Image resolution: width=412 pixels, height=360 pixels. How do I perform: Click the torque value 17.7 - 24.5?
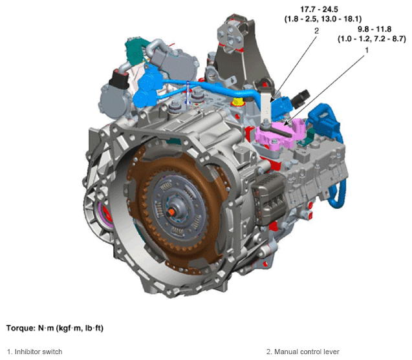[x=319, y=10]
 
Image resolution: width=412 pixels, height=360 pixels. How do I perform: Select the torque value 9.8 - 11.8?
[x=374, y=29]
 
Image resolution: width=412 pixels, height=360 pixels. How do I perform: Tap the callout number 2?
[x=317, y=31]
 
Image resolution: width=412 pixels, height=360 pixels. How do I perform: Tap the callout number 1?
[x=367, y=50]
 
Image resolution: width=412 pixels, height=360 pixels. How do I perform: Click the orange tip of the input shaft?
[x=171, y=212]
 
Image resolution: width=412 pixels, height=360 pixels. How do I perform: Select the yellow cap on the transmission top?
[x=238, y=101]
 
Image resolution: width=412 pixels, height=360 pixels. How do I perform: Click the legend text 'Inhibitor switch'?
[x=38, y=352]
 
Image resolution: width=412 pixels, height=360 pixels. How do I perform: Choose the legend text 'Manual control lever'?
[x=307, y=352]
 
